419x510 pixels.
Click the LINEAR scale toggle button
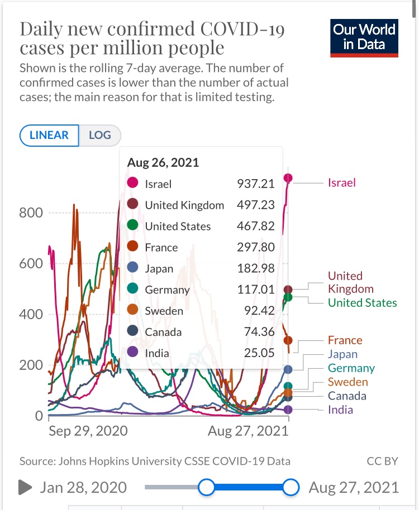[x=49, y=135]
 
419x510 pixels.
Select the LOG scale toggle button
[x=100, y=135]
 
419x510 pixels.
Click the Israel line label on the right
[x=342, y=182]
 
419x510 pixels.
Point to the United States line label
[x=362, y=303]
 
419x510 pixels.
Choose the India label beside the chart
[x=340, y=410]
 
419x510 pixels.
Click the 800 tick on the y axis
[x=31, y=213]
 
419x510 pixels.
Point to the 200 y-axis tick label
[x=31, y=365]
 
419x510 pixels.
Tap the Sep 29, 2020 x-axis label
[x=88, y=431]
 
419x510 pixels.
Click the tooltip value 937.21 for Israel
[x=256, y=184]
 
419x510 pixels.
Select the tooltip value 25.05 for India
[x=260, y=353]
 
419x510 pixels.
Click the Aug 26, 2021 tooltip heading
[x=163, y=163]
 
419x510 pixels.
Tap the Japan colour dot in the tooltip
[x=133, y=268]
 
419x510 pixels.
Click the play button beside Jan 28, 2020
[x=25, y=487]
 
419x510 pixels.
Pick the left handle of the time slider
[x=206, y=487]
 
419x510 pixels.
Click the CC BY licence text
[x=382, y=461]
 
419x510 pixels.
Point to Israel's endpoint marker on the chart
[x=288, y=179]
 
